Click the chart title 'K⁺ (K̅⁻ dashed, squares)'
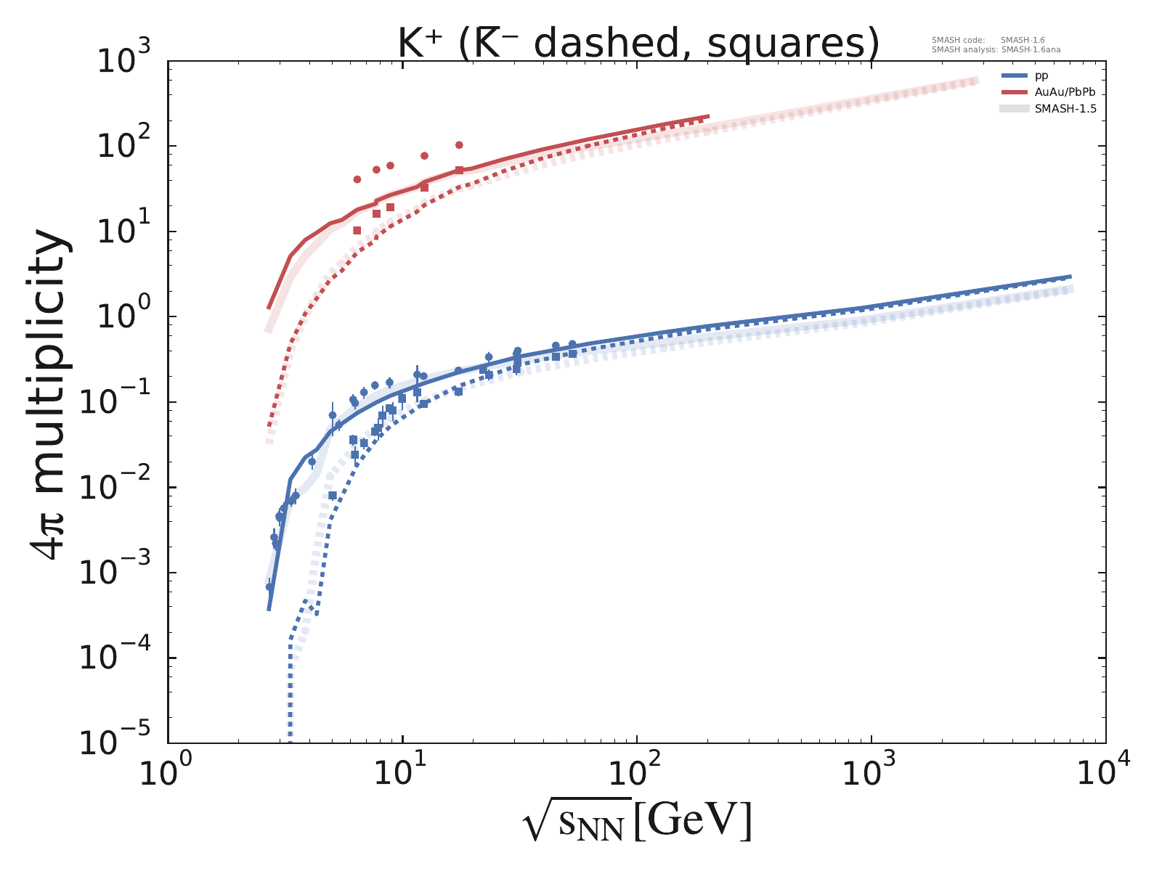(638, 44)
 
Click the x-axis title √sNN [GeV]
(636, 822)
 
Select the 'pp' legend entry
(1041, 75)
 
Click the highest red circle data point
(459, 145)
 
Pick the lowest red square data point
(357, 230)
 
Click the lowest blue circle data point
(269, 586)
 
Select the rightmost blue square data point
(572, 353)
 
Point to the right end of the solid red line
(708, 116)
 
